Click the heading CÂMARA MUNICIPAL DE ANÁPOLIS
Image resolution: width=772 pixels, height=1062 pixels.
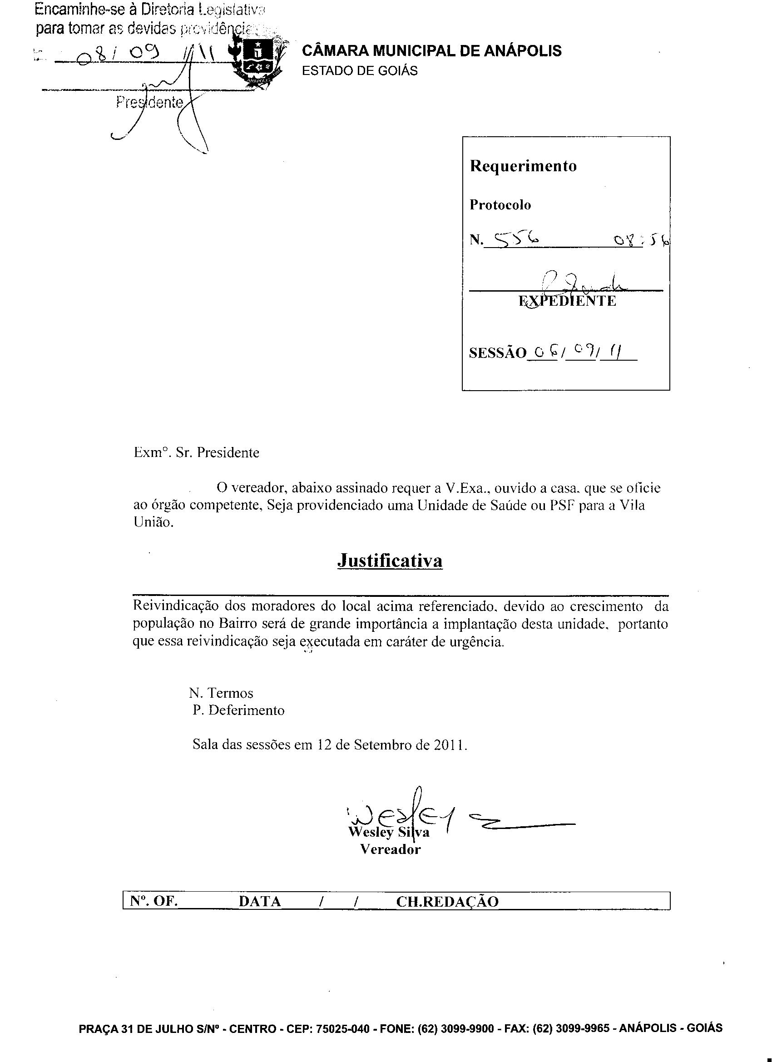coord(432,50)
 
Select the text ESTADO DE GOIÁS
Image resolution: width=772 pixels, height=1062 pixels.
coord(360,71)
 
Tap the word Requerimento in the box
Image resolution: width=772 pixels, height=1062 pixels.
coord(523,166)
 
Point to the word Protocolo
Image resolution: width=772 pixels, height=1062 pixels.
coord(500,204)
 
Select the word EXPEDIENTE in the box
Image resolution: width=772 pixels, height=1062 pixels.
coord(567,301)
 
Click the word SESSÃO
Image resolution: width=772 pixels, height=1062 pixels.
coord(498,353)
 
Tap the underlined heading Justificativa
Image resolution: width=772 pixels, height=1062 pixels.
coord(390,561)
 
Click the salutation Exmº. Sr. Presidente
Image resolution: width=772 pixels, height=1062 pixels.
coord(196,452)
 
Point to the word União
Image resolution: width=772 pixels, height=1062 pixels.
coord(153,522)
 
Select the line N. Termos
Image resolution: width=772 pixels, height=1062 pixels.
coord(221,693)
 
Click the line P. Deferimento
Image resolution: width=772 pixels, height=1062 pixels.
coord(238,710)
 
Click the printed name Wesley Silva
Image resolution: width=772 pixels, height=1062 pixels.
coord(389,832)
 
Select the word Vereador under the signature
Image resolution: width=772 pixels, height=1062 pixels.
coord(390,849)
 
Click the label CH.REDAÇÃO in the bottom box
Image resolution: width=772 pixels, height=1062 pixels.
coord(447,901)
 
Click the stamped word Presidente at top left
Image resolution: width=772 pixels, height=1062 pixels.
coord(149,102)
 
